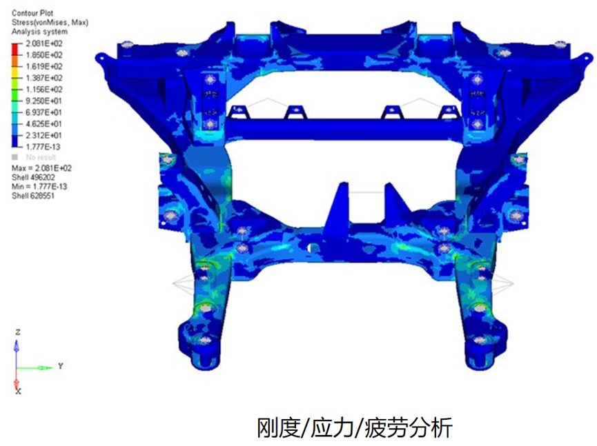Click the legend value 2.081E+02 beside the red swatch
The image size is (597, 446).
[43, 43]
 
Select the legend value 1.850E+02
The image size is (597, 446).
[43, 55]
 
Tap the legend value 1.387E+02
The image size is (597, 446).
[43, 78]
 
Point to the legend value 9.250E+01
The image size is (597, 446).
[43, 101]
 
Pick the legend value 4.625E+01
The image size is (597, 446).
[43, 124]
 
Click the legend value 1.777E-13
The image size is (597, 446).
[43, 147]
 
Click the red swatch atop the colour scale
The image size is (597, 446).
[15, 50]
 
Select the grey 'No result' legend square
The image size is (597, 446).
[15, 157]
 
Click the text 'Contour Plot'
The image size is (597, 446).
[32, 13]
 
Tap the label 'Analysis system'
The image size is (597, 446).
[39, 32]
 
